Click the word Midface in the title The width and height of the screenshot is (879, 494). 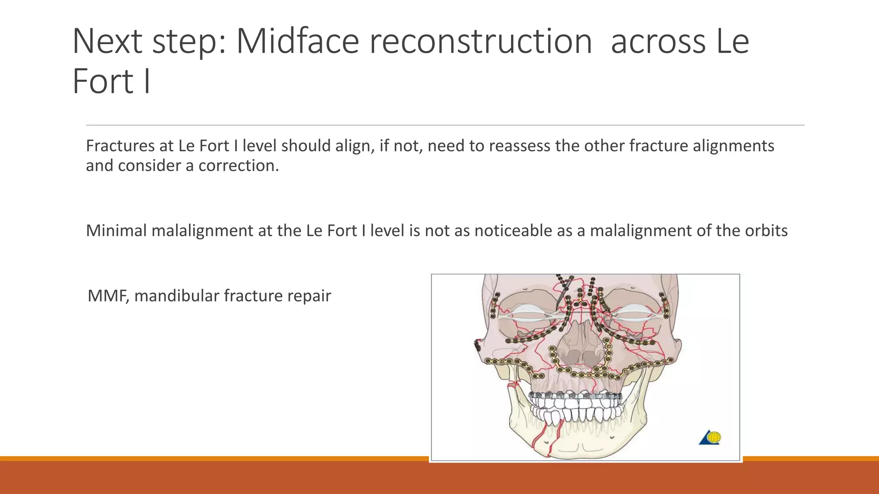(297, 42)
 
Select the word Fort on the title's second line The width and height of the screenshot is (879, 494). (103, 81)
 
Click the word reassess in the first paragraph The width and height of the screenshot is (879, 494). (519, 146)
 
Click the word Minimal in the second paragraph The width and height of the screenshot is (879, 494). (116, 231)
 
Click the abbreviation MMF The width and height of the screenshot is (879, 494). (108, 296)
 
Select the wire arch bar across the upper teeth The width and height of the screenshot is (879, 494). (575, 395)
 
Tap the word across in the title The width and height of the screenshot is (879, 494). (658, 42)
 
